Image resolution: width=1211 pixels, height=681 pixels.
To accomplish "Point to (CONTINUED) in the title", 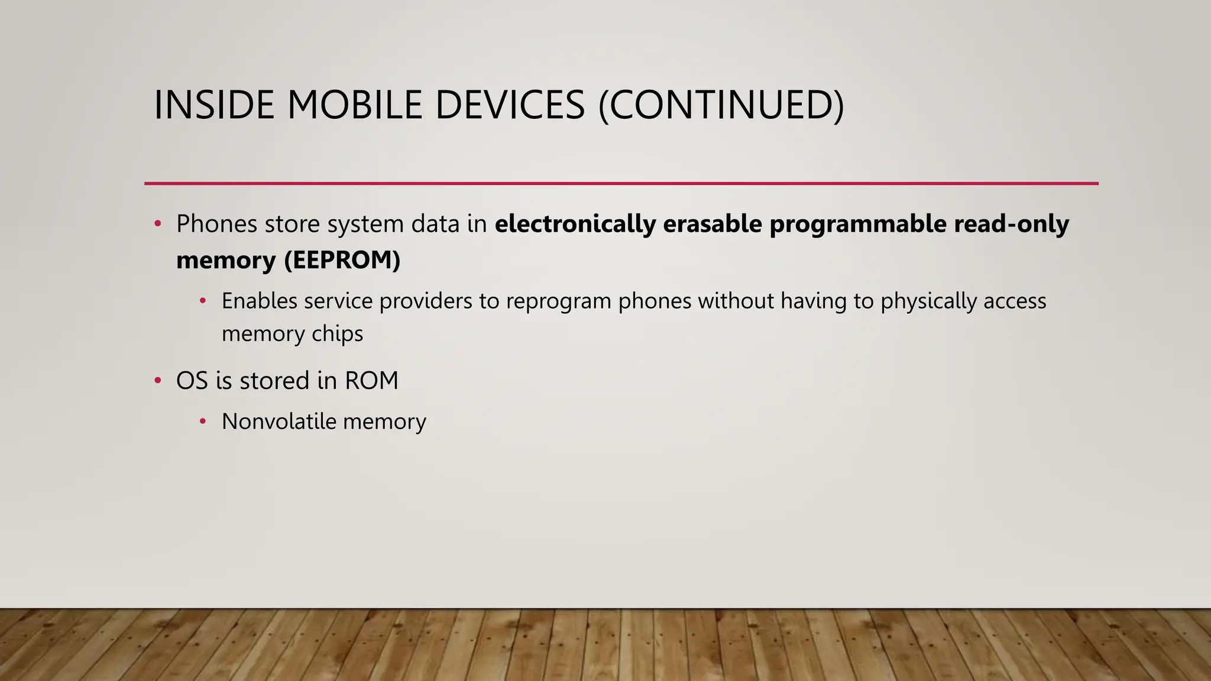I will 721,105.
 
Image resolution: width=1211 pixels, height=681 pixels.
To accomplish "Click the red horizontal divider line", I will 621,184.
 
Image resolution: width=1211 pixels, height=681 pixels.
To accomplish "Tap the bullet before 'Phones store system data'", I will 158,224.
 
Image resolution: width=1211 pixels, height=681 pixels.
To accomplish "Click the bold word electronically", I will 575,224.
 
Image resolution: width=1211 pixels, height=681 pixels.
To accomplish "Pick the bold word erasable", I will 712,224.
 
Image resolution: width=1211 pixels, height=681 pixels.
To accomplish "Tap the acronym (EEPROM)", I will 342,260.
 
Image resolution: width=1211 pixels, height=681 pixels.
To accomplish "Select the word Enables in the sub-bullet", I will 259,301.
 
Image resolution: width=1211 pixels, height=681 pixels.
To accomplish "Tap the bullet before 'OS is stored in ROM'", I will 158,381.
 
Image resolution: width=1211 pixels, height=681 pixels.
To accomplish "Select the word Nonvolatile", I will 279,421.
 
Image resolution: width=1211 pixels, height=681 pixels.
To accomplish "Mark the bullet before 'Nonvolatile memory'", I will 203,421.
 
